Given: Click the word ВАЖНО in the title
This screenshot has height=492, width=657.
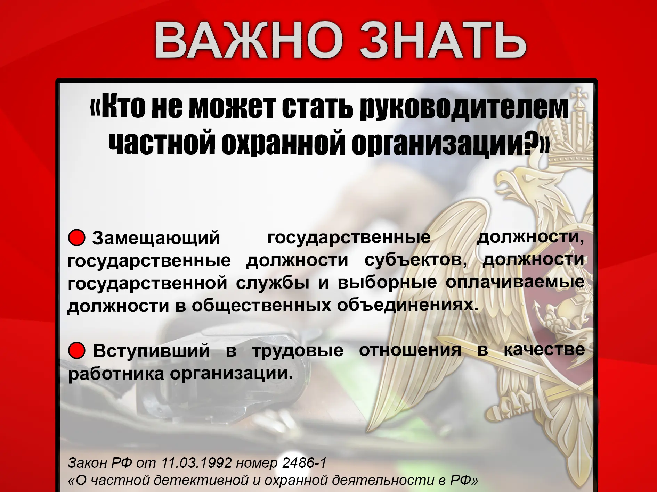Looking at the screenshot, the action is (248, 40).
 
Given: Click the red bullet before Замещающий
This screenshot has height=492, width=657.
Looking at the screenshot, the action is (77, 238).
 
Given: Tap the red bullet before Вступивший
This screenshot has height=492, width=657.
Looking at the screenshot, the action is (77, 350).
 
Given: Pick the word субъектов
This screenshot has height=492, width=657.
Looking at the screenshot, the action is (415, 260).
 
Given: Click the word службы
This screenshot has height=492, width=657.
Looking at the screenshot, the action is (273, 283).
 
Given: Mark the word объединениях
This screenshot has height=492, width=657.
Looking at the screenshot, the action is (408, 305).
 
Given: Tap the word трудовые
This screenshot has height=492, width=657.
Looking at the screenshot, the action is (298, 351).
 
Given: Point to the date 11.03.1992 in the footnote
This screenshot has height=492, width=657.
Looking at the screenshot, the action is (196, 463).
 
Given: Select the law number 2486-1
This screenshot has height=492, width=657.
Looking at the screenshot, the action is (305, 463).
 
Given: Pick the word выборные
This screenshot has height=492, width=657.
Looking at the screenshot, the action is (387, 282).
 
